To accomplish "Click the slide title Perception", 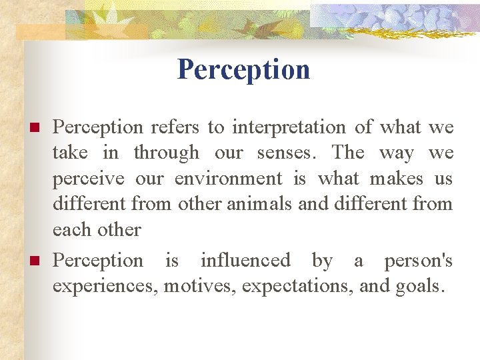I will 243,69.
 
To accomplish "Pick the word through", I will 166,153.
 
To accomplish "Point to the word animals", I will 259,204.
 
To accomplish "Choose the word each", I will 71,230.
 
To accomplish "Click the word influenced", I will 245,261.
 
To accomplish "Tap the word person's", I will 418,261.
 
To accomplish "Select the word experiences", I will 105,287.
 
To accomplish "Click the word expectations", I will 298,287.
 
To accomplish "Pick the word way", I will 395,153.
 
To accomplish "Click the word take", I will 70,153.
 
